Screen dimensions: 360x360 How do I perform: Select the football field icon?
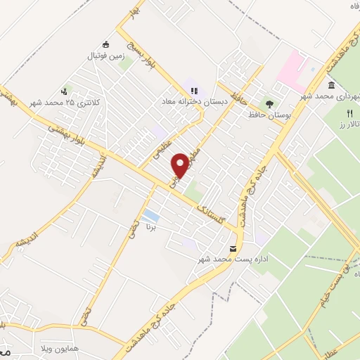coord(107,44)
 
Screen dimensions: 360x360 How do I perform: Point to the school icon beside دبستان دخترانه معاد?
coord(195,91)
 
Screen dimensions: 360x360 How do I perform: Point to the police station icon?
coord(65,91)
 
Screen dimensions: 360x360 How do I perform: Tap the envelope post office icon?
coord(233,249)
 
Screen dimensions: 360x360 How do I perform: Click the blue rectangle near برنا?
coord(150,215)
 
